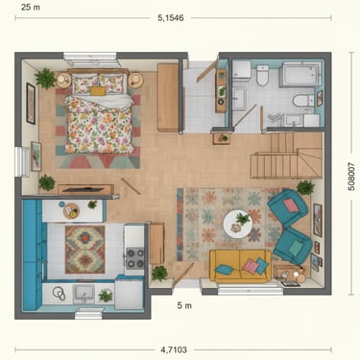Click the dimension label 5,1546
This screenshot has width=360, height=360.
pos(171,18)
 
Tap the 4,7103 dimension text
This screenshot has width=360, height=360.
pos(174,349)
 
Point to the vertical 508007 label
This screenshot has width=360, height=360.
pos(351,177)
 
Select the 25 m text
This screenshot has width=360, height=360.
pos(31,7)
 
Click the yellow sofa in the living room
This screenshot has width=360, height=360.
pos(241,266)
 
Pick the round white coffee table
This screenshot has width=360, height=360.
pos(238,224)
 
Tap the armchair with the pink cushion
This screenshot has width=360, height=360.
pos(287,207)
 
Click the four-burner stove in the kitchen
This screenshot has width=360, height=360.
pos(134,258)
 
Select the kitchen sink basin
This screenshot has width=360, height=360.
pos(84,294)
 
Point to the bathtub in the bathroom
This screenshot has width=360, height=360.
pos(301,75)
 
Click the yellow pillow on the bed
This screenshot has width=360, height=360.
pos(98,91)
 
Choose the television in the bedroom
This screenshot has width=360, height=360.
pos(84,190)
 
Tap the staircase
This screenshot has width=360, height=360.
pos(286,156)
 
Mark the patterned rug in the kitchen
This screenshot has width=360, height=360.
pos(85,250)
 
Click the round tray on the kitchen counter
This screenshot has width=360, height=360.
pos(71,211)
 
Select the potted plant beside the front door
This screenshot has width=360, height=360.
pos(159,274)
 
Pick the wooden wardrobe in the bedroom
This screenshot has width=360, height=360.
pos(168,97)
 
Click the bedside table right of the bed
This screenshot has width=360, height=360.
pos(135,80)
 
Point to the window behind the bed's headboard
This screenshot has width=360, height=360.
pos(90,60)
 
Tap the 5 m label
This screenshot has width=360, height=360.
pos(184,305)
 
